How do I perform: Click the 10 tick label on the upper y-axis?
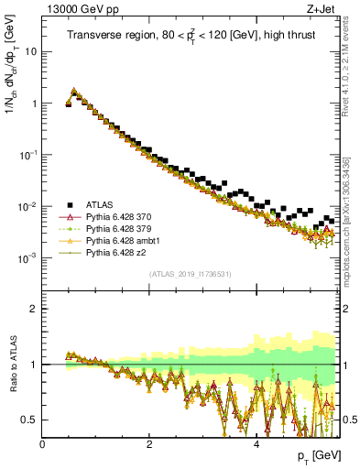click(29, 51)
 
